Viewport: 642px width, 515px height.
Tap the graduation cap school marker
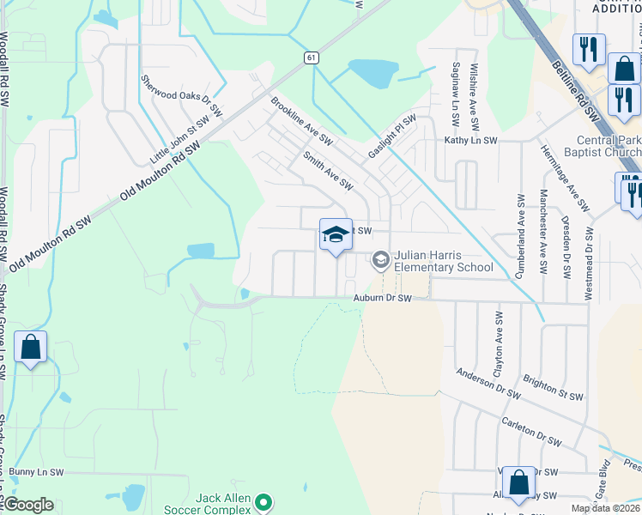pyautogui.click(x=336, y=233)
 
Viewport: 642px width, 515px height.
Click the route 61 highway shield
pyautogui.click(x=310, y=57)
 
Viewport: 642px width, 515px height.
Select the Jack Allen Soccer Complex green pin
pyautogui.click(x=264, y=502)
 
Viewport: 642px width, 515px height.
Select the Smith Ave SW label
pyautogui.click(x=327, y=170)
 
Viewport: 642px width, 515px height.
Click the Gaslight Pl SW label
pyautogui.click(x=392, y=135)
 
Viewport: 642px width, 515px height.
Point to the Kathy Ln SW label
pyautogui.click(x=470, y=140)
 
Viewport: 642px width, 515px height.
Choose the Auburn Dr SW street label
pyautogui.click(x=383, y=299)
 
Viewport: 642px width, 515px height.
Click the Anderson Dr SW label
pyautogui.click(x=488, y=384)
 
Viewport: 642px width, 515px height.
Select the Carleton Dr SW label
pyautogui.click(x=532, y=433)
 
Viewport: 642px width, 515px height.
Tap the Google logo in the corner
pyautogui.click(x=29, y=505)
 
